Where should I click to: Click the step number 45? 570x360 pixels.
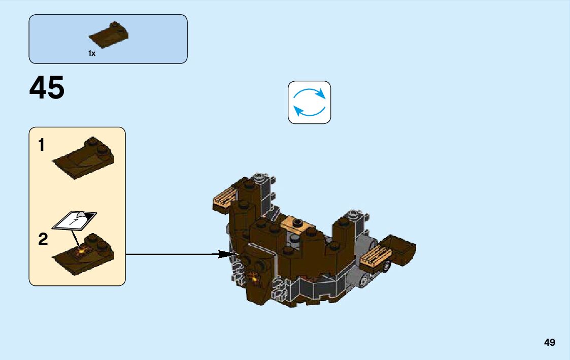click(x=47, y=88)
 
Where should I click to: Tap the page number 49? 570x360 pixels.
click(x=549, y=343)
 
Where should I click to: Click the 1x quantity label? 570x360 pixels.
click(x=92, y=53)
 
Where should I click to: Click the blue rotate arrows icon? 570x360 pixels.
click(x=309, y=102)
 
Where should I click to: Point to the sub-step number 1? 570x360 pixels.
click(x=42, y=146)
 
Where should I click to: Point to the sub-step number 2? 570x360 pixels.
click(x=43, y=239)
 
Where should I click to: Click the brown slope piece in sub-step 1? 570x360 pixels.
click(x=84, y=159)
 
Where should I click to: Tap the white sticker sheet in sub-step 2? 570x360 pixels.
click(x=74, y=220)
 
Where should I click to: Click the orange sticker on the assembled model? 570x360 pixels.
click(x=253, y=277)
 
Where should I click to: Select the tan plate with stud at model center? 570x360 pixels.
click(x=294, y=223)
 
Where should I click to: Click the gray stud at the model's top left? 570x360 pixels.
click(x=260, y=178)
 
